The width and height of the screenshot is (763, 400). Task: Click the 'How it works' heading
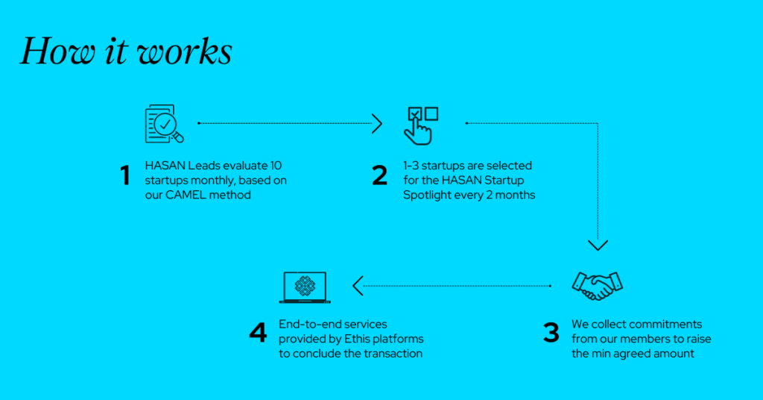(x=126, y=51)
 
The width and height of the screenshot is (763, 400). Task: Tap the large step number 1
(x=125, y=175)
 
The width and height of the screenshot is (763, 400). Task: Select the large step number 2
(x=379, y=175)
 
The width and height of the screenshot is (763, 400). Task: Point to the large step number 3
(x=551, y=334)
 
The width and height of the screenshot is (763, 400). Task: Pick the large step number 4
(x=258, y=334)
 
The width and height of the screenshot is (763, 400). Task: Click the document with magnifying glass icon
(x=164, y=124)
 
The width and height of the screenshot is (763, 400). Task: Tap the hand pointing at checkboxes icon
(x=421, y=125)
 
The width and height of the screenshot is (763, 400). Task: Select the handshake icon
(x=597, y=286)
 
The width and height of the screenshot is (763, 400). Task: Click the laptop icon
(x=305, y=287)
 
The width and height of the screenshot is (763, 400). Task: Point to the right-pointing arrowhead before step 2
(x=377, y=124)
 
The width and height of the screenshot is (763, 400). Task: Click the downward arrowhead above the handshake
(x=598, y=245)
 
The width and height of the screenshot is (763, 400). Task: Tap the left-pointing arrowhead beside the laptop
(x=358, y=286)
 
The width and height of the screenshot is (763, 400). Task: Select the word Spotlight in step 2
(x=427, y=195)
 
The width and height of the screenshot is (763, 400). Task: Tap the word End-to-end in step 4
(x=305, y=324)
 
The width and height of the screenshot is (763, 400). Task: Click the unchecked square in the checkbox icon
(x=431, y=113)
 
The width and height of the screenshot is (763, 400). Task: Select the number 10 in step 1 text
(x=276, y=166)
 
